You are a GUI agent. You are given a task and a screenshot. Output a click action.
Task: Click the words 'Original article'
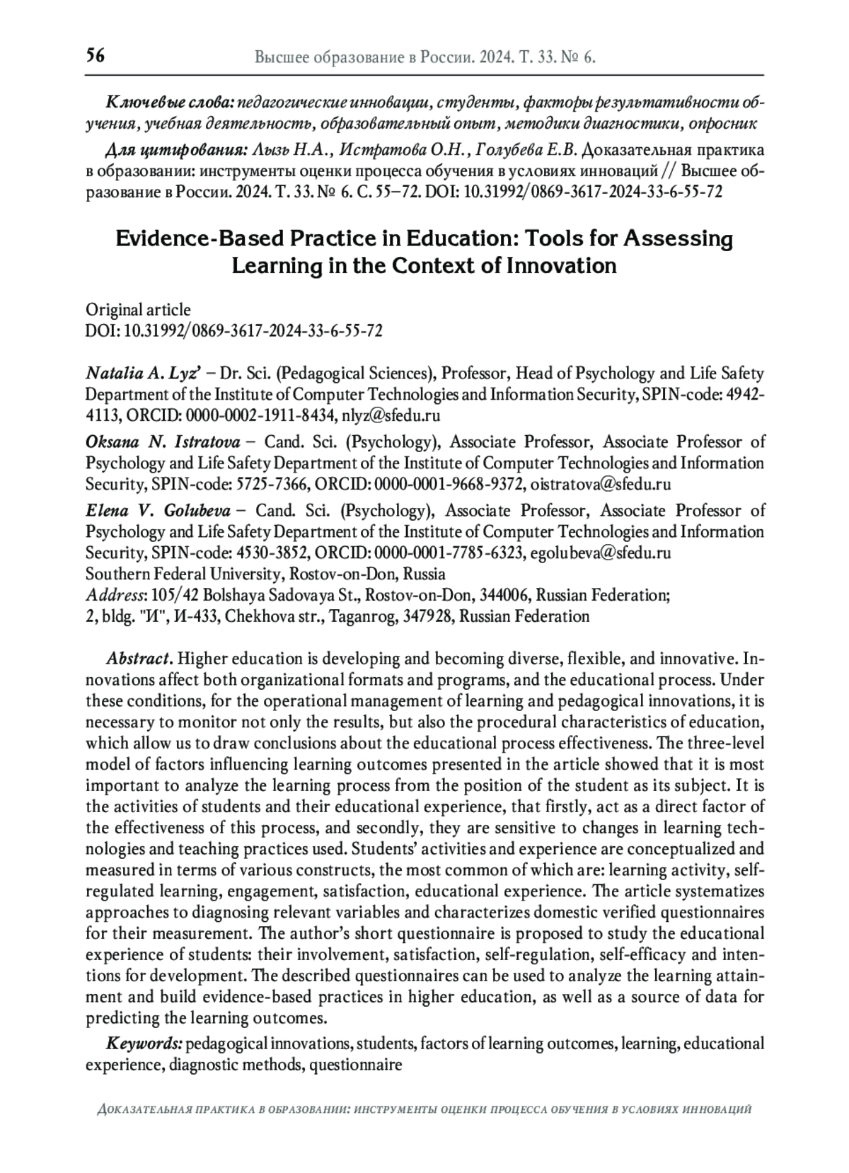138,309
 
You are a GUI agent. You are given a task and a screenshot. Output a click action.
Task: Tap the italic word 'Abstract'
138,659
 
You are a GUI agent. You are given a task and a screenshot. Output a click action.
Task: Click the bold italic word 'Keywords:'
144,1044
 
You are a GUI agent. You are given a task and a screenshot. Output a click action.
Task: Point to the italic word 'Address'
114,595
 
